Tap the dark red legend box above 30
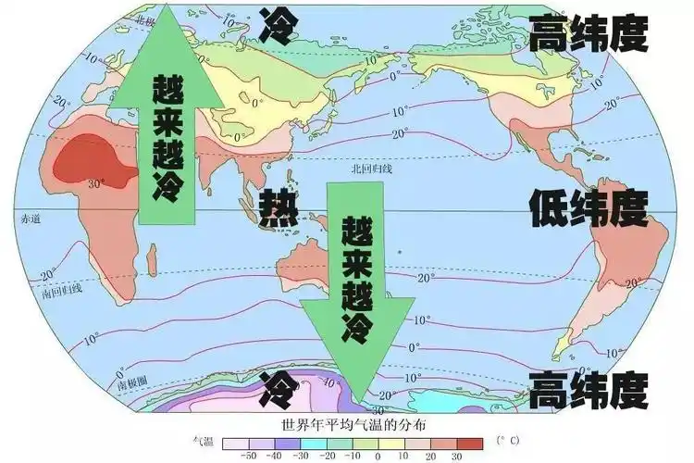click(x=470, y=443)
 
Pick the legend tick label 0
click(x=378, y=457)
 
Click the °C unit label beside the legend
click(x=506, y=439)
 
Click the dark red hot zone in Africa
click(x=88, y=161)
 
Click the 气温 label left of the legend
click(x=200, y=442)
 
